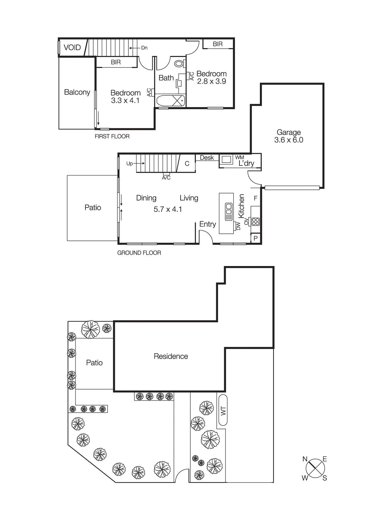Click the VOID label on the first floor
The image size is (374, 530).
(x=72, y=47)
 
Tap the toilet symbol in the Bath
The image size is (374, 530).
(x=179, y=63)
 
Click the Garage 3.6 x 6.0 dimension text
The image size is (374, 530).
(x=289, y=140)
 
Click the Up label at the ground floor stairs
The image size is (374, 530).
(x=129, y=164)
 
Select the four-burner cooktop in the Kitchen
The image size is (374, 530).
(x=256, y=221)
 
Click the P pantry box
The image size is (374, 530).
(x=256, y=238)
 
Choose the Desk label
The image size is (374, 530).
(x=207, y=158)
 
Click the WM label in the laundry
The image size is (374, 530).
(x=239, y=157)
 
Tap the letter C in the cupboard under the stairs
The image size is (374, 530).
(x=187, y=164)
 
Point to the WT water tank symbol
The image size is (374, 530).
(x=223, y=410)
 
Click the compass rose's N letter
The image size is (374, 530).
(x=305, y=459)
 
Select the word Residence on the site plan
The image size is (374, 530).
(x=171, y=356)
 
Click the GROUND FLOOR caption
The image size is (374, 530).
(x=139, y=253)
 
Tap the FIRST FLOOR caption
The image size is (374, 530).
(x=112, y=136)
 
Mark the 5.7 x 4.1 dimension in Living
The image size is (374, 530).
(x=168, y=209)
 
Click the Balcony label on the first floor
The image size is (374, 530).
(x=77, y=92)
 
